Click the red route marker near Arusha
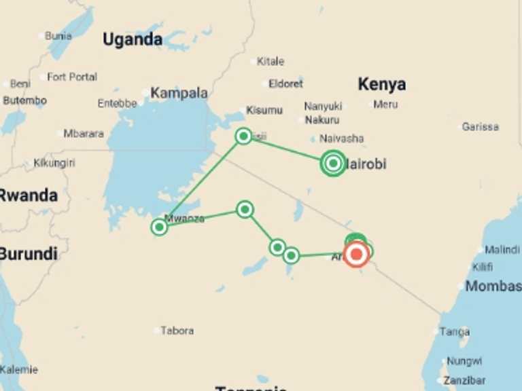point(357,255)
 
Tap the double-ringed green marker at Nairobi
point(332,163)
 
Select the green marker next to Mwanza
point(159,227)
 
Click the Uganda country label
point(133,39)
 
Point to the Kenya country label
point(382,84)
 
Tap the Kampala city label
point(179,93)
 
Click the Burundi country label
point(29,255)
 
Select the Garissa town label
point(480,127)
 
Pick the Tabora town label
point(177,331)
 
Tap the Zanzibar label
point(464,380)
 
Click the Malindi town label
point(502,250)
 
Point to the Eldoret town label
point(285,84)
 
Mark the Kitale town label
point(271,61)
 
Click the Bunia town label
point(58,36)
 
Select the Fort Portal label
point(72,77)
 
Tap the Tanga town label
point(455,332)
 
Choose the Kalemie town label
point(19,370)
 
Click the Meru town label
point(385,105)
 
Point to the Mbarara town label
point(84,134)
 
